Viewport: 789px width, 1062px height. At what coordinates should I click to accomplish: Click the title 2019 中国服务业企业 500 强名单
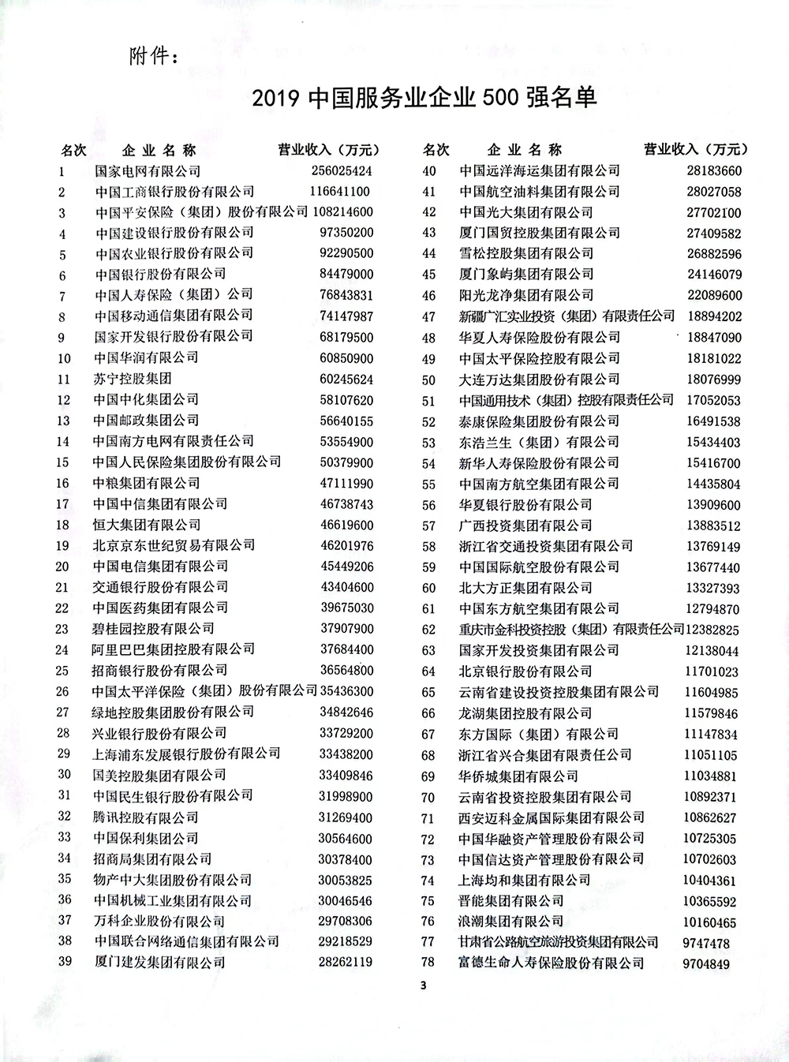point(424,98)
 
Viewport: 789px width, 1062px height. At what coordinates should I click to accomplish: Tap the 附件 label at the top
point(153,58)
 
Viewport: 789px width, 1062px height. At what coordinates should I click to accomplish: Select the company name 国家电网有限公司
point(148,170)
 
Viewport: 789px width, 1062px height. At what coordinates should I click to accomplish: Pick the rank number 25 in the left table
point(63,671)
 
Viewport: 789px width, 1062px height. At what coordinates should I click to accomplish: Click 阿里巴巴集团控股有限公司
point(173,649)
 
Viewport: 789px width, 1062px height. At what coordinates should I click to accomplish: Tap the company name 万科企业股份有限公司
point(159,921)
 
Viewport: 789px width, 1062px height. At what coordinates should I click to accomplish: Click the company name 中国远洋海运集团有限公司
point(539,170)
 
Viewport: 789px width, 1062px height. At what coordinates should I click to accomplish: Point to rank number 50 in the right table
point(428,380)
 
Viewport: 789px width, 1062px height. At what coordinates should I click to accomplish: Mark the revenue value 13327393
point(711,588)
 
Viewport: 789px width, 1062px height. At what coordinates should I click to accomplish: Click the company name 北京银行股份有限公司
point(525,671)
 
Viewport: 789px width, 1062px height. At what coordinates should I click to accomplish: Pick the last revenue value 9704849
point(705,963)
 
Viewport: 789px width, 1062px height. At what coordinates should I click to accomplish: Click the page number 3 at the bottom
point(423,985)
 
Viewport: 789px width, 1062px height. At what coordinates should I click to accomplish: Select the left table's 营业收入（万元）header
point(329,150)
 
